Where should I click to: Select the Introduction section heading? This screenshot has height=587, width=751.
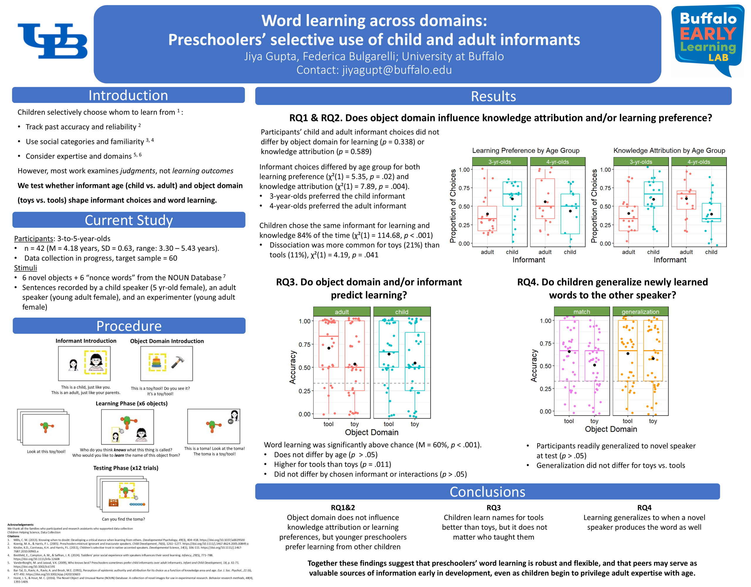coord(128,95)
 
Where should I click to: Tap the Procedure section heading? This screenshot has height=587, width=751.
coord(129,326)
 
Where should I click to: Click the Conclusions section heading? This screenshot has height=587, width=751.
coord(487,492)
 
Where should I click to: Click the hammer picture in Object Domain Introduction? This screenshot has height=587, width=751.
coord(177,362)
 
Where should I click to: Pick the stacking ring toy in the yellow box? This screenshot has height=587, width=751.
coord(157,363)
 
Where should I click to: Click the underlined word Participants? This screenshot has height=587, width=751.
coord(34,239)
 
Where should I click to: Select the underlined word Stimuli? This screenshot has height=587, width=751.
coord(26,268)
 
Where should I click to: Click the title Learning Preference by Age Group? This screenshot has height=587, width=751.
coord(525,151)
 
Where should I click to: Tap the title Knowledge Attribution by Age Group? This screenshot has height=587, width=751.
coord(669,151)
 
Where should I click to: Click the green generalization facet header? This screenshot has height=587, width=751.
coord(640,312)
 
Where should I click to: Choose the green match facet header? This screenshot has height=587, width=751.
coord(581,312)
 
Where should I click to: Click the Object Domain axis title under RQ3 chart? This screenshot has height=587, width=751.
coord(372,432)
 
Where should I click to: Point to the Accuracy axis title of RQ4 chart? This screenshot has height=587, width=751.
coord(534,366)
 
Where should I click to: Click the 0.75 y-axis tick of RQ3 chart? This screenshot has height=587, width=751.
coord(305,344)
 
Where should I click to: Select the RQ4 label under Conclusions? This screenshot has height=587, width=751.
coord(644,508)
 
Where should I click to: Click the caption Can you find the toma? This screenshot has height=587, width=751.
coord(123,519)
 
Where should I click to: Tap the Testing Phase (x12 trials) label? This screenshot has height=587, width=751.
coord(126,468)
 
